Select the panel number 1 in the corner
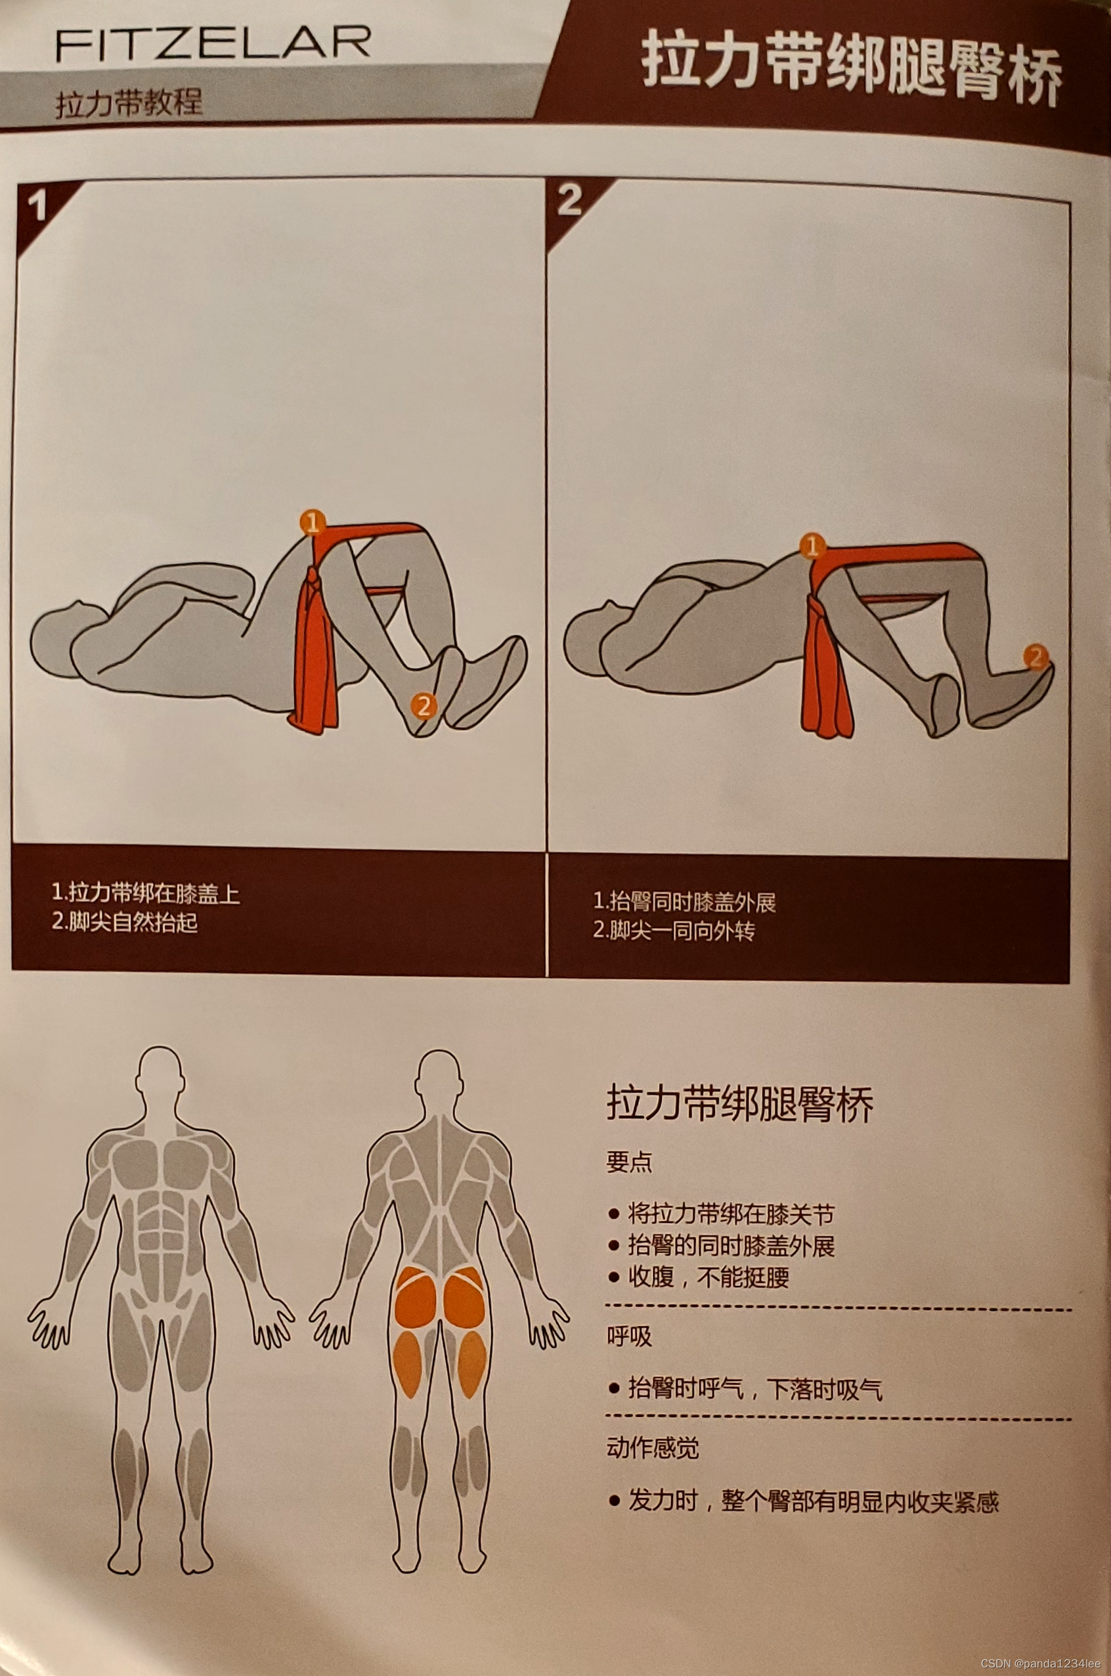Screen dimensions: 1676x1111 click(36, 206)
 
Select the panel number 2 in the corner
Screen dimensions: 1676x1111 click(570, 200)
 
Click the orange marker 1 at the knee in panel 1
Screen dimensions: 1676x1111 click(313, 523)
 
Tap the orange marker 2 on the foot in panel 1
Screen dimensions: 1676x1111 click(424, 705)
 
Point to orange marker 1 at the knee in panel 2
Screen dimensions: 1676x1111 click(812, 546)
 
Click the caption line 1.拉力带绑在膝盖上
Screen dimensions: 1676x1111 click(146, 894)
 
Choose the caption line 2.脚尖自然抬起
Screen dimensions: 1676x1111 click(125, 922)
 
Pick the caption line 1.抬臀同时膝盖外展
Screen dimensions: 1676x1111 click(684, 902)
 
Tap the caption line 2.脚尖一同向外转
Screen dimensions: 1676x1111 click(674, 931)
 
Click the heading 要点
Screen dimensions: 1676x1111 click(629, 1162)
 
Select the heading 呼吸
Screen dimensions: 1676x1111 click(629, 1336)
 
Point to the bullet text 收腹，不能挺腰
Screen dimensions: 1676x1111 click(708, 1277)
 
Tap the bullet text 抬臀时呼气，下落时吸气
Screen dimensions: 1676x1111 click(755, 1388)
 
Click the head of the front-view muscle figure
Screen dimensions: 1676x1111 click(160, 1074)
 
